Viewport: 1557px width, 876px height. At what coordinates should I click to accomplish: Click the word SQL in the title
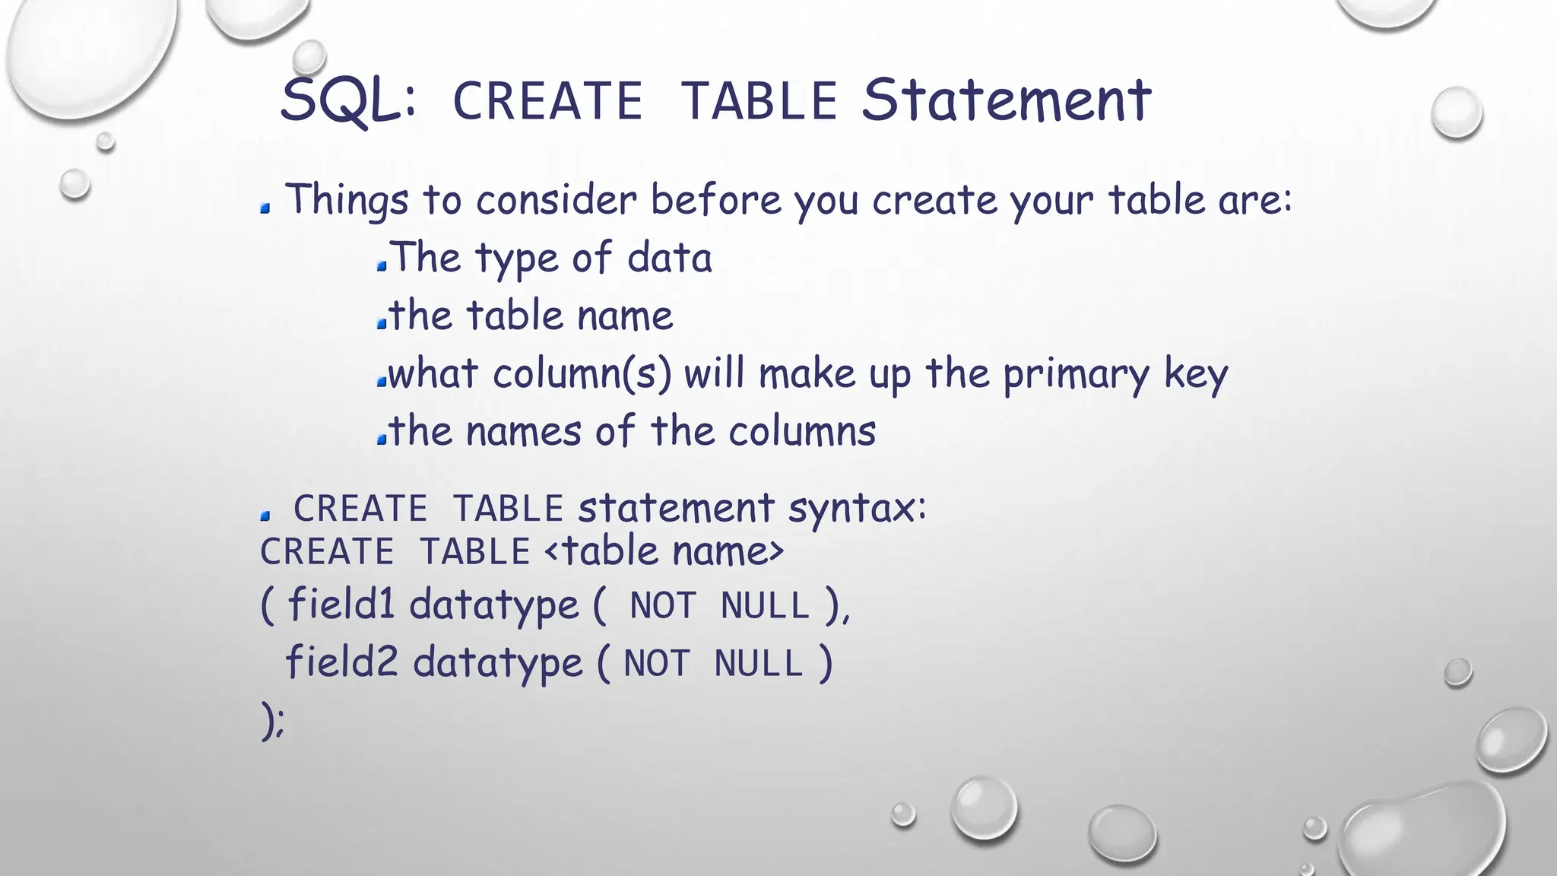click(348, 100)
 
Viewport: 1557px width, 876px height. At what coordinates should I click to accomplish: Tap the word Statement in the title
click(1006, 100)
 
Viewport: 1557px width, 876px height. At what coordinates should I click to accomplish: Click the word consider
click(556, 201)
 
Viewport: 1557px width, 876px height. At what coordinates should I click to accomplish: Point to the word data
click(669, 258)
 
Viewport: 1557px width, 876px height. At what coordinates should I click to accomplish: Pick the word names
click(523, 432)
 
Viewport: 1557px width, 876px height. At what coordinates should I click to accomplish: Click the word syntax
click(857, 509)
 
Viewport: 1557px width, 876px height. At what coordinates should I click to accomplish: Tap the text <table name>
click(664, 551)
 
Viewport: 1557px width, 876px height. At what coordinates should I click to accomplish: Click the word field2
click(341, 662)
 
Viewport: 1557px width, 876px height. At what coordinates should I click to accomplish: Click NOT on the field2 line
click(656, 664)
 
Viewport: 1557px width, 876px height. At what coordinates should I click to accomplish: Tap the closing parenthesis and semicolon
click(272, 720)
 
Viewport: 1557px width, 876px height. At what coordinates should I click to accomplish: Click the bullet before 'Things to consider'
click(265, 208)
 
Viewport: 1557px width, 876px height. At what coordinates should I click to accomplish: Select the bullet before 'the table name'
click(382, 324)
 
